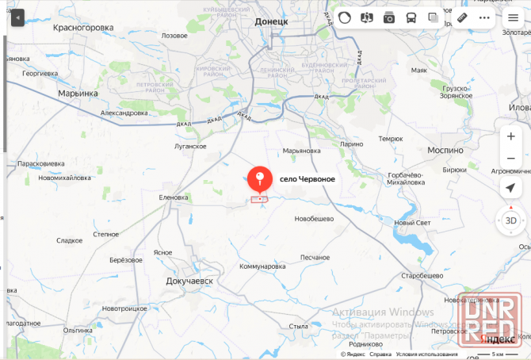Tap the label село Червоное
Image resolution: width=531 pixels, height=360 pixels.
(x=307, y=179)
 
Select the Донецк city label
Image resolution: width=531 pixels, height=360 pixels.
(x=271, y=22)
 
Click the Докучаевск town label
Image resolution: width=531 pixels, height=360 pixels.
(x=190, y=281)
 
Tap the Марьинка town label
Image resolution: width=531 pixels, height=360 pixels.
(x=78, y=93)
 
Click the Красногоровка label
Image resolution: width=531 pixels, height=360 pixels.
(x=82, y=27)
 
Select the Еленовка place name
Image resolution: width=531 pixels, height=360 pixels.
(x=174, y=197)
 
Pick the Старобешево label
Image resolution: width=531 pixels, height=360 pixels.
(x=421, y=274)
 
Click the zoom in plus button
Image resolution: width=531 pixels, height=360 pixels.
(x=511, y=136)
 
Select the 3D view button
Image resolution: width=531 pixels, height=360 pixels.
(x=511, y=220)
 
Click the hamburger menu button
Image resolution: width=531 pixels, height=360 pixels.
(x=514, y=17)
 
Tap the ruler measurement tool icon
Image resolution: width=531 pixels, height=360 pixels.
(x=462, y=17)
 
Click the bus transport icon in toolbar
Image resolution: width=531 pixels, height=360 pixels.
(x=411, y=17)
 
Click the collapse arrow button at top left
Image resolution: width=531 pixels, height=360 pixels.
(x=17, y=17)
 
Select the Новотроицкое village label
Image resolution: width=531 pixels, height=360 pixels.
(x=125, y=308)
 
